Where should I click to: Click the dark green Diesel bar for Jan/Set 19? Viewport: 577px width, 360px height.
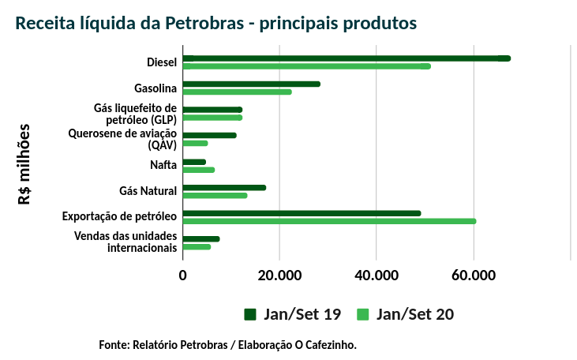click(x=347, y=58)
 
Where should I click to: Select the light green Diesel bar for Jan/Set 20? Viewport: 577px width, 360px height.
click(x=308, y=66)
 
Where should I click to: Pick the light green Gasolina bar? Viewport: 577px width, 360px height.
click(x=237, y=92)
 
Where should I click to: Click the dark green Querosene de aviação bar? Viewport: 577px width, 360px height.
click(x=209, y=135)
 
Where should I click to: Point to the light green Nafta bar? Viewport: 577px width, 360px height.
click(x=198, y=170)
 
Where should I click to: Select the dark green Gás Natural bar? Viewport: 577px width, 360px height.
click(x=224, y=187)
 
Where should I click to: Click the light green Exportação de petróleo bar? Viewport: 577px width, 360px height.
click(x=329, y=221)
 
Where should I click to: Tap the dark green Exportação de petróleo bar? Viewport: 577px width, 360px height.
click(x=302, y=213)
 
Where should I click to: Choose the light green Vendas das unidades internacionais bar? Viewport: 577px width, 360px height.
click(x=197, y=247)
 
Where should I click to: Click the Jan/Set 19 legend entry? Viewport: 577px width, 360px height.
click(x=292, y=314)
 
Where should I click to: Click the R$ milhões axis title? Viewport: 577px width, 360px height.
click(x=24, y=164)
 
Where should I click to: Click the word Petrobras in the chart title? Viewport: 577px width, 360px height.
click(x=204, y=23)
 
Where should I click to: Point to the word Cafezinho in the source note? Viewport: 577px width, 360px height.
click(x=330, y=345)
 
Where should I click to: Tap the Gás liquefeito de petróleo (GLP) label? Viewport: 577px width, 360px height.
click(x=136, y=114)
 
